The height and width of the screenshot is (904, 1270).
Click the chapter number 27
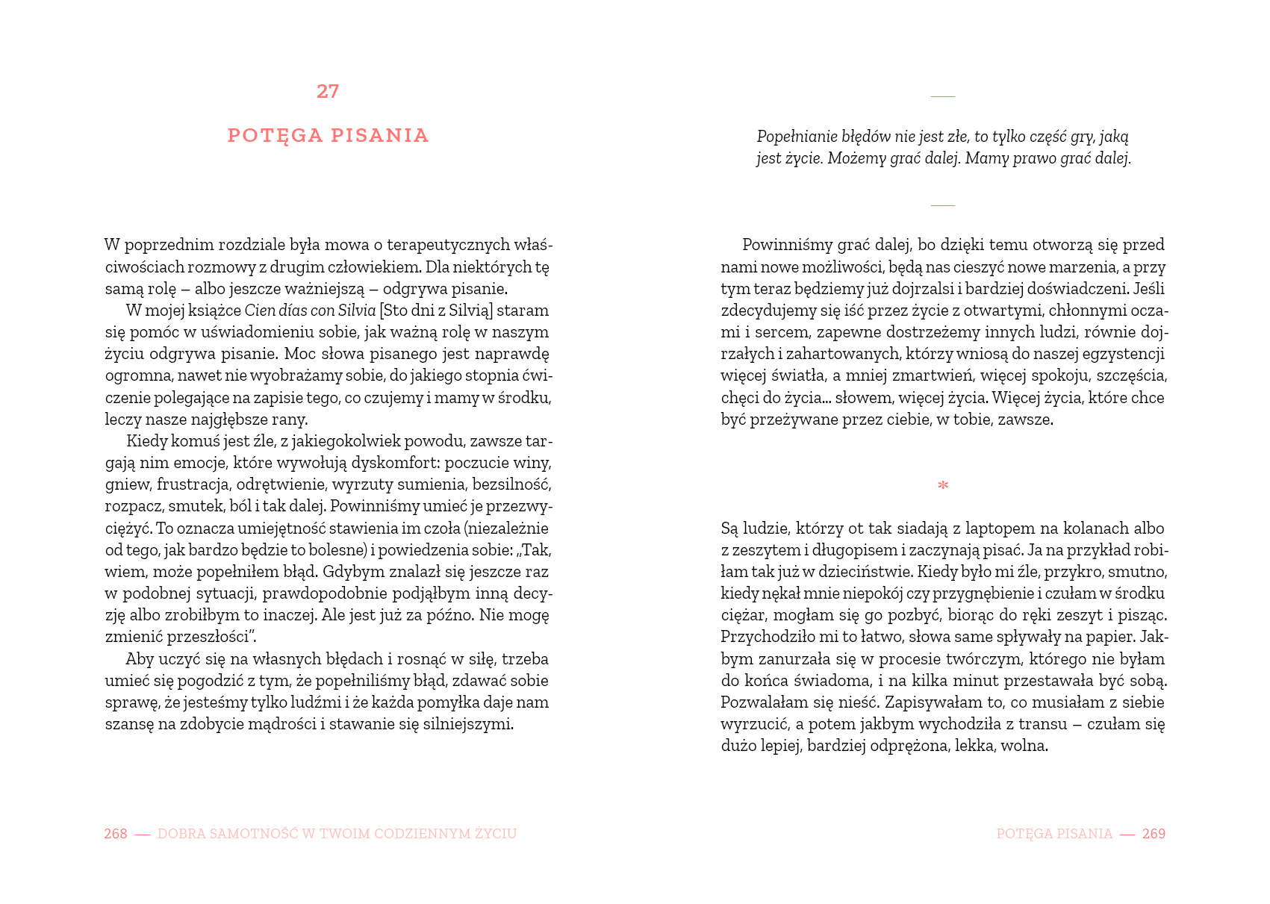point(328,91)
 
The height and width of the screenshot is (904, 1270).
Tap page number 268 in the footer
point(116,834)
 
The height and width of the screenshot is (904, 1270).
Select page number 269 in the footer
point(1154,834)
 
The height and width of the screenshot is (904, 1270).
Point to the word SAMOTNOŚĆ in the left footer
point(252,834)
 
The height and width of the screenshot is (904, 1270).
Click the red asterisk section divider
point(943,486)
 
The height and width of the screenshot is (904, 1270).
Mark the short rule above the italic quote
point(943,96)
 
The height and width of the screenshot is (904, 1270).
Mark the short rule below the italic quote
point(943,205)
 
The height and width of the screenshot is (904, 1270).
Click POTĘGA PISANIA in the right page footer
point(1054,834)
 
